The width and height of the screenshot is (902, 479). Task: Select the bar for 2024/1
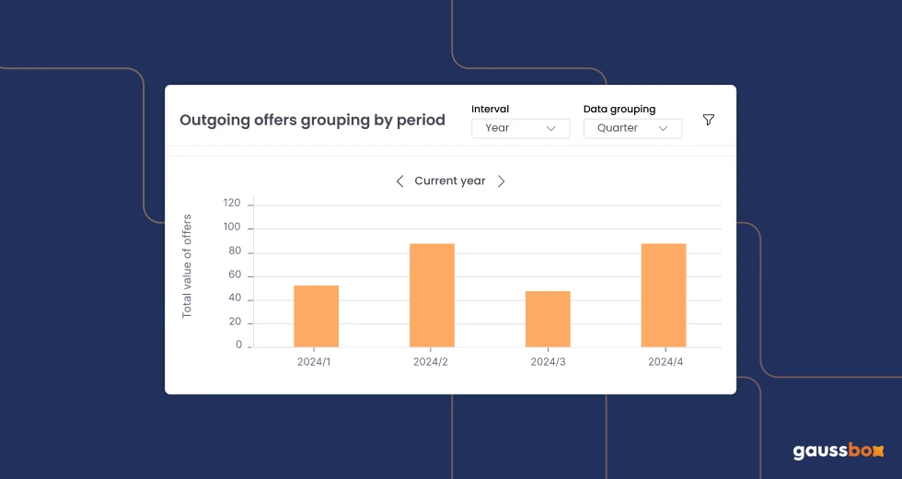(316, 316)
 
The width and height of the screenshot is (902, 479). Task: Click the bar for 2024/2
(432, 295)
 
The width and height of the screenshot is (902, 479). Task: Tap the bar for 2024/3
(548, 319)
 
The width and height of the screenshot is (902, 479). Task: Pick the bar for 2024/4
(664, 295)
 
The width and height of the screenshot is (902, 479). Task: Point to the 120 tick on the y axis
(231, 204)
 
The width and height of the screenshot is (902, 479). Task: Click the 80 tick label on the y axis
(234, 251)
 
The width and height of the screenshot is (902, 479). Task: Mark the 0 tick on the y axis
(238, 345)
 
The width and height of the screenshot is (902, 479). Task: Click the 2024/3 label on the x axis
(548, 362)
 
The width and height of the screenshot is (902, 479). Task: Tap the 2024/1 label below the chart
(314, 362)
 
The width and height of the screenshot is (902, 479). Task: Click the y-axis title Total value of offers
(187, 265)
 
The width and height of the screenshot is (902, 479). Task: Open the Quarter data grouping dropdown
(632, 128)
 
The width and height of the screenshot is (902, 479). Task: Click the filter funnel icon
(709, 120)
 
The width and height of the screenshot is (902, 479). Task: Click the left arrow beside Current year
(399, 181)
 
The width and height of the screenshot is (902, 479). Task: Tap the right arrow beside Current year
(502, 181)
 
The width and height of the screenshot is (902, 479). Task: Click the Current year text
(450, 181)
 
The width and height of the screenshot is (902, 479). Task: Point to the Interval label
(490, 109)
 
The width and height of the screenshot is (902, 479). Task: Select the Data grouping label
(619, 109)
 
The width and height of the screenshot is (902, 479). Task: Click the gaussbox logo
(838, 450)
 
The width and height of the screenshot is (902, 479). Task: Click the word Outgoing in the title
(209, 120)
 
